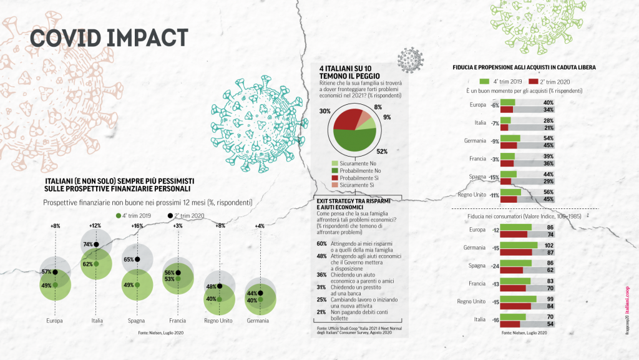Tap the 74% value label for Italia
pos(88,245)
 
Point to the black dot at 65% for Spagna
pos(138,258)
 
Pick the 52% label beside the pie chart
pos(383,151)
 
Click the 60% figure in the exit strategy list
pos(322,243)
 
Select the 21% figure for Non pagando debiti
pos(322,311)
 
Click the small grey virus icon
pos(410,59)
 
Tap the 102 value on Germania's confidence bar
pos(550,245)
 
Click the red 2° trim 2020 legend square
pos(532,81)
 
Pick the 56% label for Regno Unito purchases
pos(549,192)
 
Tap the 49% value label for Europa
pos(46,285)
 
